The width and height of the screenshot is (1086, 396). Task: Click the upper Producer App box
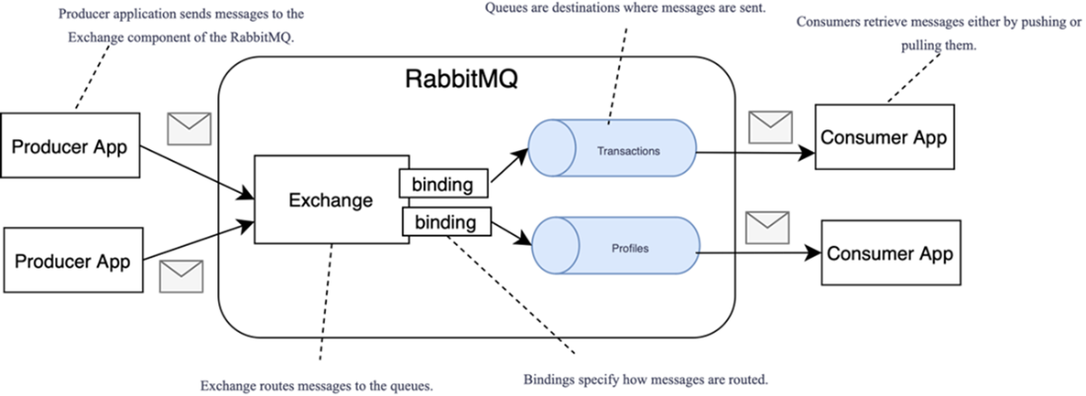point(69,147)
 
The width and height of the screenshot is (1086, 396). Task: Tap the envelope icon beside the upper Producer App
point(190,128)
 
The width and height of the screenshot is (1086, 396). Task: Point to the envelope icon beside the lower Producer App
point(181,276)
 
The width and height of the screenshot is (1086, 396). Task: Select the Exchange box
point(331,199)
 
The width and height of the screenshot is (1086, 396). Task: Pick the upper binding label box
point(442,183)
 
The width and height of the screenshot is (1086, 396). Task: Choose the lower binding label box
point(446,222)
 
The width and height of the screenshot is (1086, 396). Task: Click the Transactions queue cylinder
point(612,148)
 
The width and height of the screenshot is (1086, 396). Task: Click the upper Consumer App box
point(884,138)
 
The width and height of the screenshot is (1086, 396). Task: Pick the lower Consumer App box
point(890,253)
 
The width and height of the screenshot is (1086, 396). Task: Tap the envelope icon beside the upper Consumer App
point(770,127)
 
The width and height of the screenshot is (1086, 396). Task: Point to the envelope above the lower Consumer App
point(767,227)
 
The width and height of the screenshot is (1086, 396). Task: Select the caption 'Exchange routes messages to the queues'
point(316,384)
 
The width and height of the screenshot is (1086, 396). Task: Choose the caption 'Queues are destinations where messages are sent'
point(625,8)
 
